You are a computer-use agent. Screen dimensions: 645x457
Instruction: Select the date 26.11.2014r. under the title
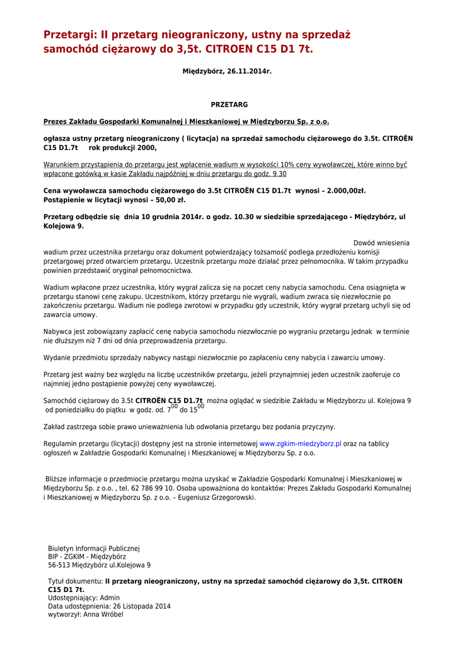click(249, 71)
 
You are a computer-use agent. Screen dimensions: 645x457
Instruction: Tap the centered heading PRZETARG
click(229, 105)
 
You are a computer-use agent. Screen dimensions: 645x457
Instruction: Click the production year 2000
click(146, 147)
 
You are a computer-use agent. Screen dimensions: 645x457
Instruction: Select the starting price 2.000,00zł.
click(340, 190)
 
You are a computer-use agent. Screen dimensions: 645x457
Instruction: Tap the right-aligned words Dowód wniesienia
click(381, 243)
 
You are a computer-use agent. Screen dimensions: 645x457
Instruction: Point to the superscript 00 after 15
click(201, 407)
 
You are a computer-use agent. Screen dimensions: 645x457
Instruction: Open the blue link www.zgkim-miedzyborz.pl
click(300, 444)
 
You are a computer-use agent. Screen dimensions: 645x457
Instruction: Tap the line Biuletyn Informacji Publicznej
click(94, 549)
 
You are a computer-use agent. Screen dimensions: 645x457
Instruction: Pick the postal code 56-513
click(59, 565)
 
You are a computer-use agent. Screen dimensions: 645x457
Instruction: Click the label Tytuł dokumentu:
click(76, 581)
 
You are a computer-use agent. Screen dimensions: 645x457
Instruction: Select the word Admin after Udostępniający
click(110, 598)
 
